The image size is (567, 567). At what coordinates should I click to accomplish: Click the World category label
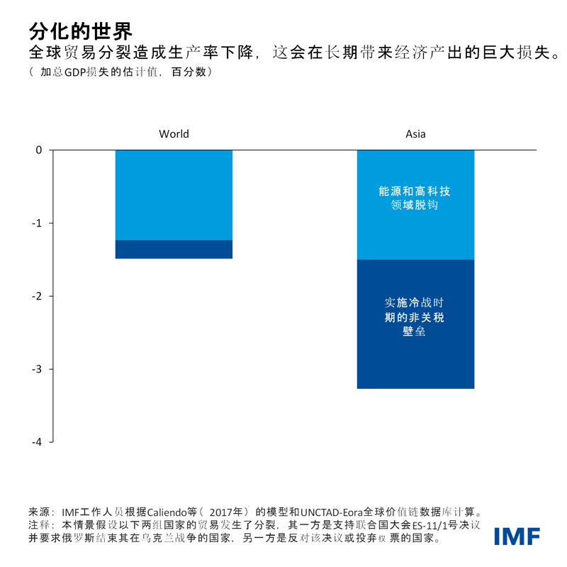coord(174,133)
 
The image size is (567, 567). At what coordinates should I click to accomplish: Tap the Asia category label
coord(415,133)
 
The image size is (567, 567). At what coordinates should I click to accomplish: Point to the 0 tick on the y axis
coord(39,150)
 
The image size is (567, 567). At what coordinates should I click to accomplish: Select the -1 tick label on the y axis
coord(37,223)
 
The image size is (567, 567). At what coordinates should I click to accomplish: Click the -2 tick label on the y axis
coord(37,296)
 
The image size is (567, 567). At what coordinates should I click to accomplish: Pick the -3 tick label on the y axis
coord(37,369)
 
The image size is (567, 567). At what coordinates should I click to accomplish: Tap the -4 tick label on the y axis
coord(37,441)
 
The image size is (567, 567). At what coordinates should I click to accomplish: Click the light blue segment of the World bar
coord(174,195)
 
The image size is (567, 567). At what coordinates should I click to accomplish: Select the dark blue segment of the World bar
coord(174,249)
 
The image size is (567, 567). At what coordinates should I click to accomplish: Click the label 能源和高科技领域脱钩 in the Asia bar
coord(415,198)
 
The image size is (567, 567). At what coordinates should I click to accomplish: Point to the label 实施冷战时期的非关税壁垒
coord(415,316)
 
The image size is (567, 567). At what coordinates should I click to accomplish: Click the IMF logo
coord(517,536)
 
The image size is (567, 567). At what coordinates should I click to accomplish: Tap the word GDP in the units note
coord(77,72)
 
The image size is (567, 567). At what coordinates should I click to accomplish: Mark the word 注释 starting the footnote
coord(38,525)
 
